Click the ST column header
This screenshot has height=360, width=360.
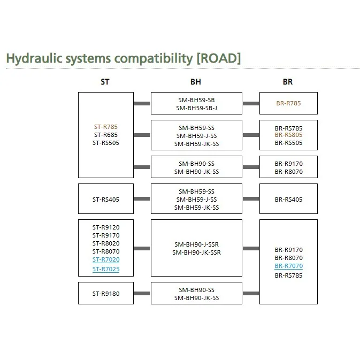[x=105, y=82]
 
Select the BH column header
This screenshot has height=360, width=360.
[x=196, y=82]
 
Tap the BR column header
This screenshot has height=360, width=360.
[x=288, y=82]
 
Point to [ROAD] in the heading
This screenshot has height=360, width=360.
[x=218, y=58]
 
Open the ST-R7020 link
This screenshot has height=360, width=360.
[x=106, y=260]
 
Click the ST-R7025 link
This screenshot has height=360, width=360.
[x=106, y=269]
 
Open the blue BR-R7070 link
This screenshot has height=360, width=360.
[x=288, y=266]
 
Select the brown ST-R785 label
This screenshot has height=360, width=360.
[x=105, y=127]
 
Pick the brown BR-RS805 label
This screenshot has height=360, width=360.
[x=288, y=135]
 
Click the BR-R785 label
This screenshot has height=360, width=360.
[x=288, y=103]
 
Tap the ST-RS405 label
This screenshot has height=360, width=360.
[x=105, y=199]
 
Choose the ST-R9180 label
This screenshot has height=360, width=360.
[x=105, y=293]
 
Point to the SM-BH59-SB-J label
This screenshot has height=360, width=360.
[x=196, y=108]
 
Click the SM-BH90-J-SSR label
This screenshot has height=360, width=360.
[x=196, y=244]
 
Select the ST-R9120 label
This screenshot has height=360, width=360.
[x=106, y=227]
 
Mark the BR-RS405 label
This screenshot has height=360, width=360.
[x=288, y=199]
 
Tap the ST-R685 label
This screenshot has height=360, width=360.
[x=105, y=135]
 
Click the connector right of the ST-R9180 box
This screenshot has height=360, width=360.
[x=142, y=293]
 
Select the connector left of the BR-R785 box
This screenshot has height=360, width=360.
[x=250, y=103]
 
